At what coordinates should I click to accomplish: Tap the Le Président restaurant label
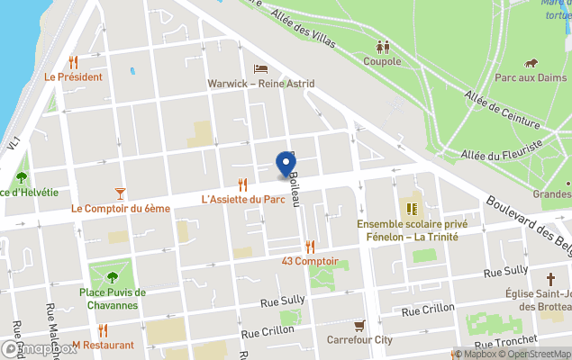click(74, 77)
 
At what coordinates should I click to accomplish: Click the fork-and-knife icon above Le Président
click(73, 62)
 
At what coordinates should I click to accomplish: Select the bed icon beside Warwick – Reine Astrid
click(260, 68)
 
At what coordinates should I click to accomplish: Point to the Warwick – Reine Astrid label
click(261, 84)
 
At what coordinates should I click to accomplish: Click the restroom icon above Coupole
click(383, 47)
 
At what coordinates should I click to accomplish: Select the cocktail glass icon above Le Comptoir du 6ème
click(121, 193)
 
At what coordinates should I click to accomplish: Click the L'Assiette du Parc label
click(243, 200)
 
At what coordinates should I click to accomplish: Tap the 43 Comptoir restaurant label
click(310, 261)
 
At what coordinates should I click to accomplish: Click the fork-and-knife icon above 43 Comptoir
click(310, 246)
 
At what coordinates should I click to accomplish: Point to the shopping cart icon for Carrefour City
click(359, 325)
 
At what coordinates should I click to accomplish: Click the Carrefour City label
click(359, 340)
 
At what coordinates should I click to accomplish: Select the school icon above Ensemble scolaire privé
click(413, 209)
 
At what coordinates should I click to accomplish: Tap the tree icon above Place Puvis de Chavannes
click(113, 277)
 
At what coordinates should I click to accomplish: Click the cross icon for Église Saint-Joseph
click(550, 279)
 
